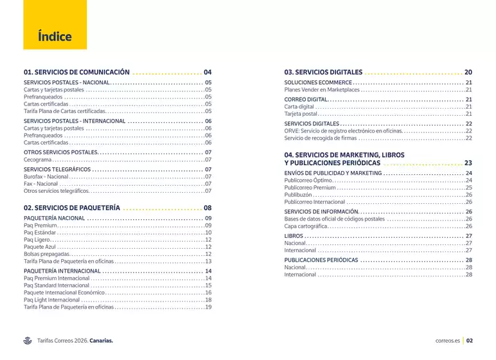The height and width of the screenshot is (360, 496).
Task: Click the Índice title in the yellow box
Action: tap(55, 37)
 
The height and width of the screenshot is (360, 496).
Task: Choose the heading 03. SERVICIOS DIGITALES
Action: tap(323, 72)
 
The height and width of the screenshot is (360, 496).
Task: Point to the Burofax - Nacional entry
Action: tap(46, 176)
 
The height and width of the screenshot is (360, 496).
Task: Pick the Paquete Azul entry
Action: tap(40, 246)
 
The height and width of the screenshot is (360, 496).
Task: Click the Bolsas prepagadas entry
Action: tap(44, 254)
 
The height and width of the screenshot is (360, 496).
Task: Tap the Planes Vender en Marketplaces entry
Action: tap(322, 90)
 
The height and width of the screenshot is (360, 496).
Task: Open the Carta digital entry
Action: tap(299, 107)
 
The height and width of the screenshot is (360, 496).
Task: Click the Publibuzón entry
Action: tap(297, 194)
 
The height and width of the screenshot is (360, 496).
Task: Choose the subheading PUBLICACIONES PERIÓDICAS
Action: tap(321, 260)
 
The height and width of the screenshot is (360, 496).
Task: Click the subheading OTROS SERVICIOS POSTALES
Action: tap(60, 152)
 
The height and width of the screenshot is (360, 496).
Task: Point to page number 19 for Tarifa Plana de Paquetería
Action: tap(208, 307)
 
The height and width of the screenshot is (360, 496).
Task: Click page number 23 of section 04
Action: tap(468, 163)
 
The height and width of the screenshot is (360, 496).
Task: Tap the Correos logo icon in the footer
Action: tap(28, 341)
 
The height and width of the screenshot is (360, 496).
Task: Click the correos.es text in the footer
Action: tap(447, 341)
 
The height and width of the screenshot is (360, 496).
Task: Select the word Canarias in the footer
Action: tap(101, 341)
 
